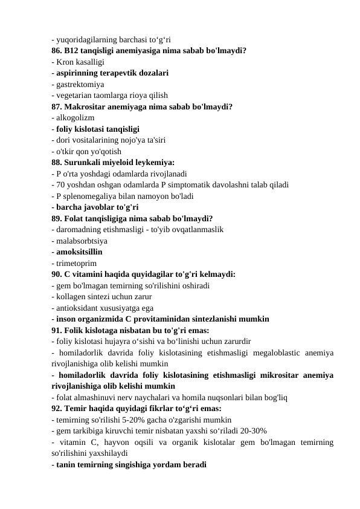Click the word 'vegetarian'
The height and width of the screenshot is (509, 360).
click(75, 95)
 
